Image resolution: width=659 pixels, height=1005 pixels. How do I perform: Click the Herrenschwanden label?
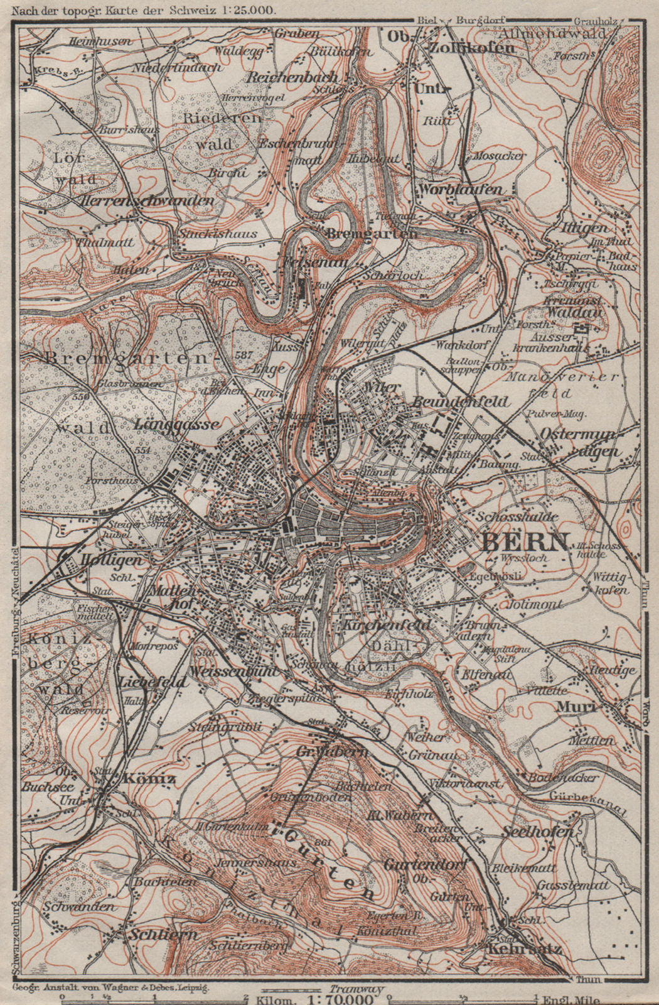(148, 200)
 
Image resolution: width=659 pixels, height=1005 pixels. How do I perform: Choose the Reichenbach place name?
(292, 77)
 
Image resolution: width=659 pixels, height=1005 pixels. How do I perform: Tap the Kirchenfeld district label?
(387, 626)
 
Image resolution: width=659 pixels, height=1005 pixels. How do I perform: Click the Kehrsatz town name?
(524, 949)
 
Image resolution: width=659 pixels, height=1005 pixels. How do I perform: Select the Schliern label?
(164, 934)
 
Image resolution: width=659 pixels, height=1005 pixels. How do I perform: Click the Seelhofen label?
(538, 831)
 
